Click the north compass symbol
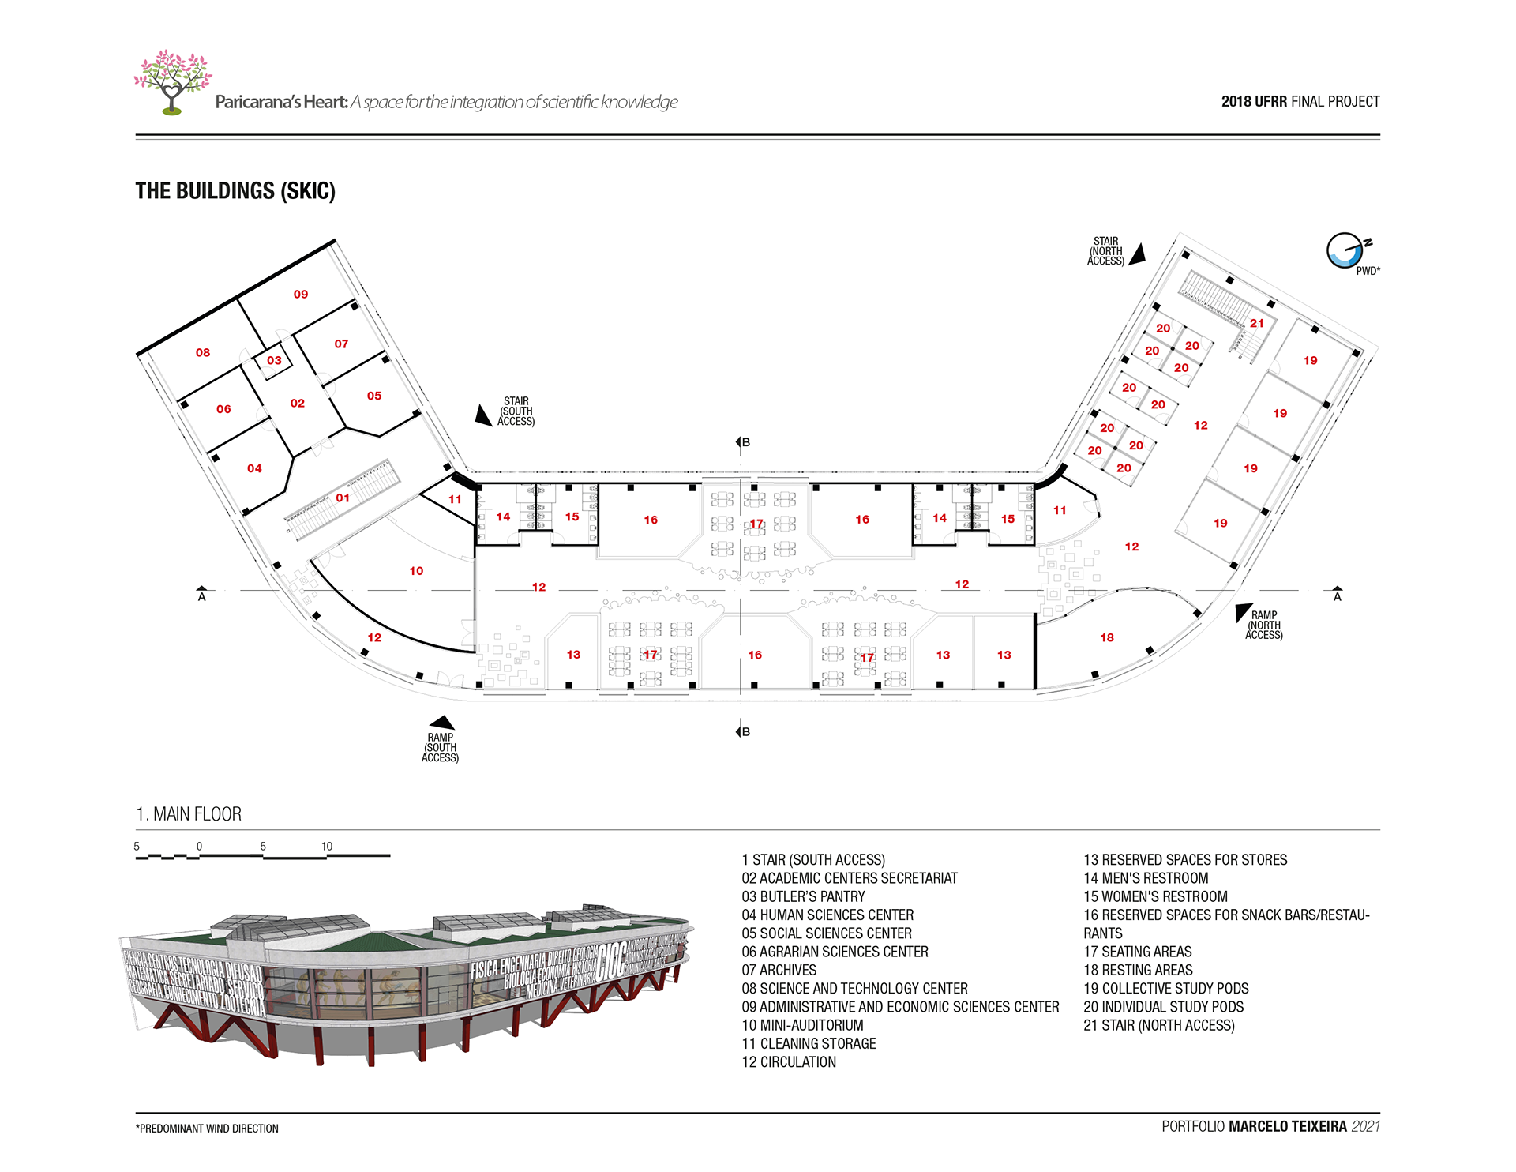(1344, 251)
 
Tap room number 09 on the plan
(301, 295)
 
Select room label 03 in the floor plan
(274, 361)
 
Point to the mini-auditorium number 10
(416, 571)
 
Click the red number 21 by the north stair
(1257, 324)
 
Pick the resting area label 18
(1107, 638)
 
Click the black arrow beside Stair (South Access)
(482, 415)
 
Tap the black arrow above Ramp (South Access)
(441, 722)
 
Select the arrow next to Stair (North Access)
(1138, 255)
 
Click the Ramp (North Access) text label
(1263, 625)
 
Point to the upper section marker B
(743, 442)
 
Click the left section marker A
(202, 594)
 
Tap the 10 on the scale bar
(327, 847)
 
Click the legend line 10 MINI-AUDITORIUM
(802, 1025)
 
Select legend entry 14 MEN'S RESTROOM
(1146, 878)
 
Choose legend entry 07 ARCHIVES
(779, 971)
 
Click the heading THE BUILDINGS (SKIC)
(235, 191)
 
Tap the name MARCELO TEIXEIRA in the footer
(1287, 1127)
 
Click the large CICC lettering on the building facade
(612, 961)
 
